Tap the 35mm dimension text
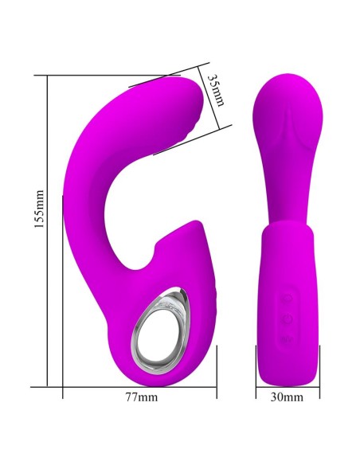click(214, 91)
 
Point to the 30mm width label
click(288, 396)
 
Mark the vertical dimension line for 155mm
click(49, 231)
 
